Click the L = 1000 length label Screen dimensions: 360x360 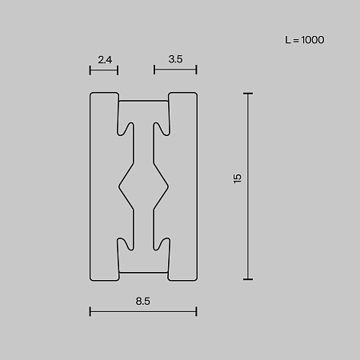click(305, 40)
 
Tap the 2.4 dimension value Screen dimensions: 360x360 click(105, 59)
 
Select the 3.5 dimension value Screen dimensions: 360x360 click(175, 59)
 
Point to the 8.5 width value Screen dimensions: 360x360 click(143, 301)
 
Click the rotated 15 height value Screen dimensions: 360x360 click(237, 178)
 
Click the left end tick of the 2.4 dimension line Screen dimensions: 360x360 click(90, 70)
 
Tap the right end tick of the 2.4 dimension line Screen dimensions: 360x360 click(118, 70)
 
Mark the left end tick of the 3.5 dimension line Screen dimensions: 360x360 click(154, 70)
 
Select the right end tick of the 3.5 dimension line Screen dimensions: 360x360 click(196, 70)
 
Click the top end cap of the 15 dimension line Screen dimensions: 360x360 click(248, 94)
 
